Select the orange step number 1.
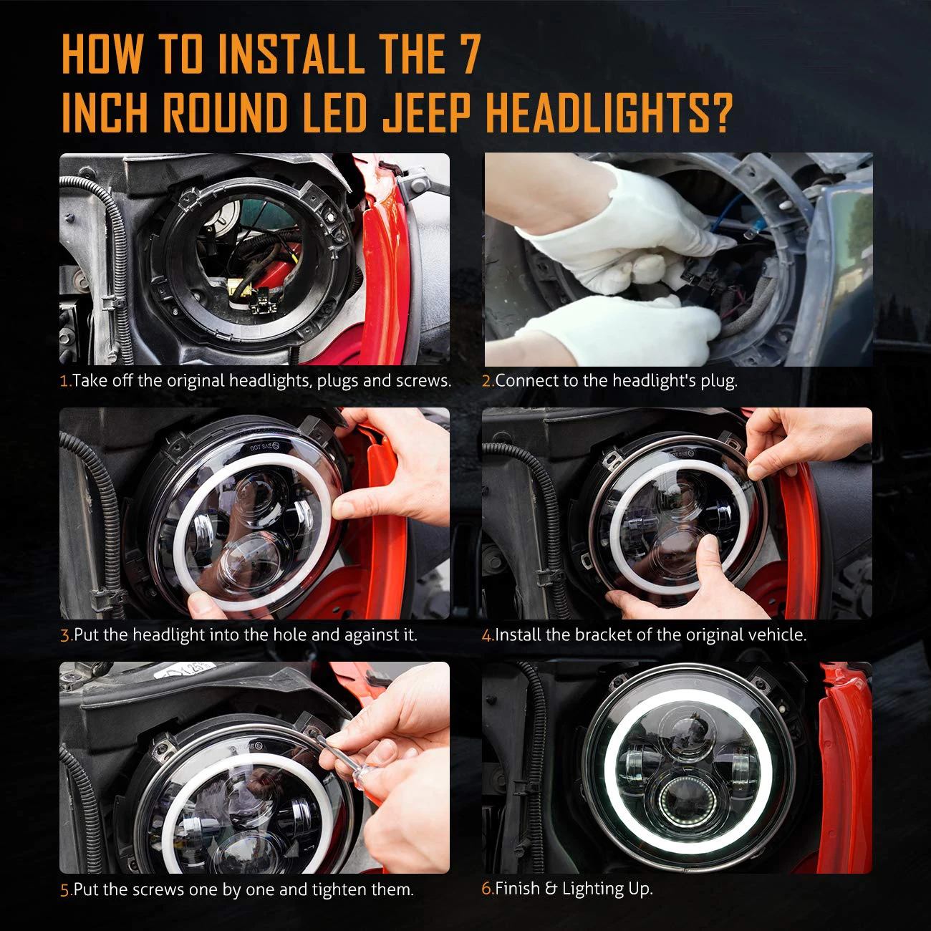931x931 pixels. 64,381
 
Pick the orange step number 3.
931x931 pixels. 65,635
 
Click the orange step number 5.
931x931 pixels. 65,890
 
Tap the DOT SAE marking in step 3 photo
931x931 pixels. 264,447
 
